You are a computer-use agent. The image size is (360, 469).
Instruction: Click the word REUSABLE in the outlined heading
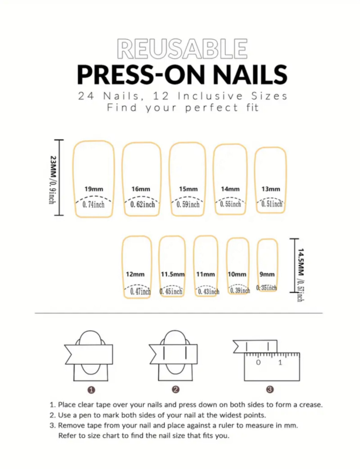[182, 49]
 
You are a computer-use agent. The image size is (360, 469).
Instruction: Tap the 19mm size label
[94, 189]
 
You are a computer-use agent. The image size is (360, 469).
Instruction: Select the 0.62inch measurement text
[142, 205]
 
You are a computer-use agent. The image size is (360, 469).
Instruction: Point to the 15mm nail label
[188, 189]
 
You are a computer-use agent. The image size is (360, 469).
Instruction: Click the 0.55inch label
[230, 204]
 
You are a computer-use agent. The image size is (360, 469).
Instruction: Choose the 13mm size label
[271, 189]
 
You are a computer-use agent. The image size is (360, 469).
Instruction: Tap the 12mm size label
[135, 274]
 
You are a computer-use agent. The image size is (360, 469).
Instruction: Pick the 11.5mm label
[172, 274]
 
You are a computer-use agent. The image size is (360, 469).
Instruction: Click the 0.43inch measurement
[209, 291]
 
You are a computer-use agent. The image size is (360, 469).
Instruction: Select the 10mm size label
[237, 274]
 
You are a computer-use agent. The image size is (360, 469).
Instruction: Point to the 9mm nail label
[267, 274]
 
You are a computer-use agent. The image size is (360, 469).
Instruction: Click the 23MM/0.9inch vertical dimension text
[52, 180]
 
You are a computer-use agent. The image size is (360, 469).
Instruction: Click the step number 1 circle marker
[91, 390]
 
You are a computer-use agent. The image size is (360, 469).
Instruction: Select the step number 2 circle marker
[176, 389]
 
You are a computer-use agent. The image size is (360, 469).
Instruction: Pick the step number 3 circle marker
[270, 389]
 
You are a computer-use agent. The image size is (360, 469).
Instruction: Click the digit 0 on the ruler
[259, 362]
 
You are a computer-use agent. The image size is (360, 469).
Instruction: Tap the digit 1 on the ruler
[280, 362]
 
